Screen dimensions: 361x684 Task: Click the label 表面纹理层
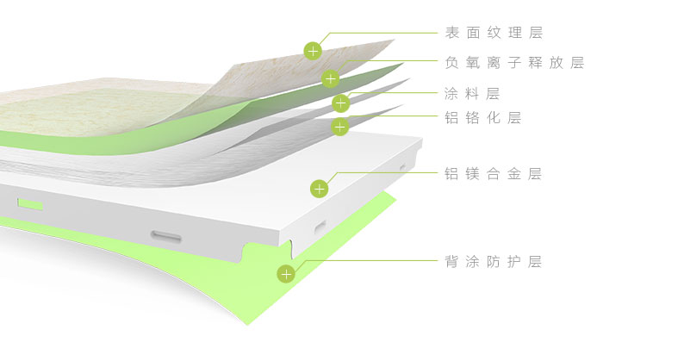coord(494,34)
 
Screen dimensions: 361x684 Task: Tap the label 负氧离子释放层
coord(514,63)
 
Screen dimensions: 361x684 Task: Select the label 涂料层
coord(472,94)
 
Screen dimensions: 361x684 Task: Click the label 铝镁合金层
coord(493,174)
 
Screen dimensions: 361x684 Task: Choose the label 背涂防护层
coord(493,262)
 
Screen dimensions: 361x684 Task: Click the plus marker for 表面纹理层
coord(312,50)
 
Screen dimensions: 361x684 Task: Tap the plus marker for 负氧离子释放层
coord(330,79)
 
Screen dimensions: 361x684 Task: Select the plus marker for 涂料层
coord(341,104)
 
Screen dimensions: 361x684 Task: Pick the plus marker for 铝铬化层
coord(340,128)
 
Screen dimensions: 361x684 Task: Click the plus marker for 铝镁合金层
coord(320,188)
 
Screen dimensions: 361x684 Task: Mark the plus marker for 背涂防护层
coord(286,275)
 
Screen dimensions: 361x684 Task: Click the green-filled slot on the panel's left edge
coord(30,204)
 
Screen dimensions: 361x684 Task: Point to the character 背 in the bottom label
coord(451,262)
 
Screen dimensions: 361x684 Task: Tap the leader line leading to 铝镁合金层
coord(388,172)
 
